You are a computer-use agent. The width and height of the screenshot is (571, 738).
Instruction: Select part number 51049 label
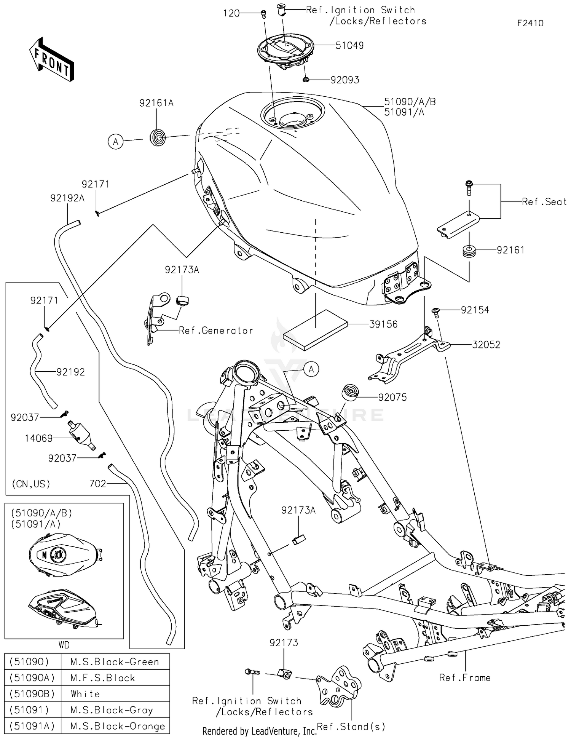(x=349, y=46)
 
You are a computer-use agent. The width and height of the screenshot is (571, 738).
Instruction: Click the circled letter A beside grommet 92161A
(x=115, y=142)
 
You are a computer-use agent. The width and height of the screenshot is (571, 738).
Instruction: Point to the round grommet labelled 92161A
(x=158, y=137)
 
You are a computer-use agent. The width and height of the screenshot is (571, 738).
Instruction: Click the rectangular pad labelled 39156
(x=315, y=330)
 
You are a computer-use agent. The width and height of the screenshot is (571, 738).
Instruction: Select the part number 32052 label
(x=486, y=345)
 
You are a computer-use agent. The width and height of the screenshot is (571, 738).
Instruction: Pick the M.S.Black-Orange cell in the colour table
(x=118, y=726)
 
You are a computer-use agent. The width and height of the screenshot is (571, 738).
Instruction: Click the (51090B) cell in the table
(x=32, y=694)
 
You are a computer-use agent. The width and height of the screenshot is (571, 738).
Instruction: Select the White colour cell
(x=85, y=694)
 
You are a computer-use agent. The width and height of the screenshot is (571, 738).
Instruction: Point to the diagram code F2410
(x=530, y=23)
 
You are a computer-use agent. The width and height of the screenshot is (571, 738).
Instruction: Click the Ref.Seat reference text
(x=544, y=202)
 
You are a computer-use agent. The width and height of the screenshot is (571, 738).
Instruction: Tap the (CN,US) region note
(x=31, y=484)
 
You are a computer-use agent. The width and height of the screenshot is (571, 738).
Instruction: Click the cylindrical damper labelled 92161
(x=469, y=252)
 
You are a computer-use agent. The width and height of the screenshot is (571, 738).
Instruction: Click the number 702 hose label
(x=97, y=484)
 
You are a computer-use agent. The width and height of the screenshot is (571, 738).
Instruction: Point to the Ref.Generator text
(x=216, y=331)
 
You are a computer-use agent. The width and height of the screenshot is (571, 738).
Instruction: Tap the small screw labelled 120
(x=263, y=14)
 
